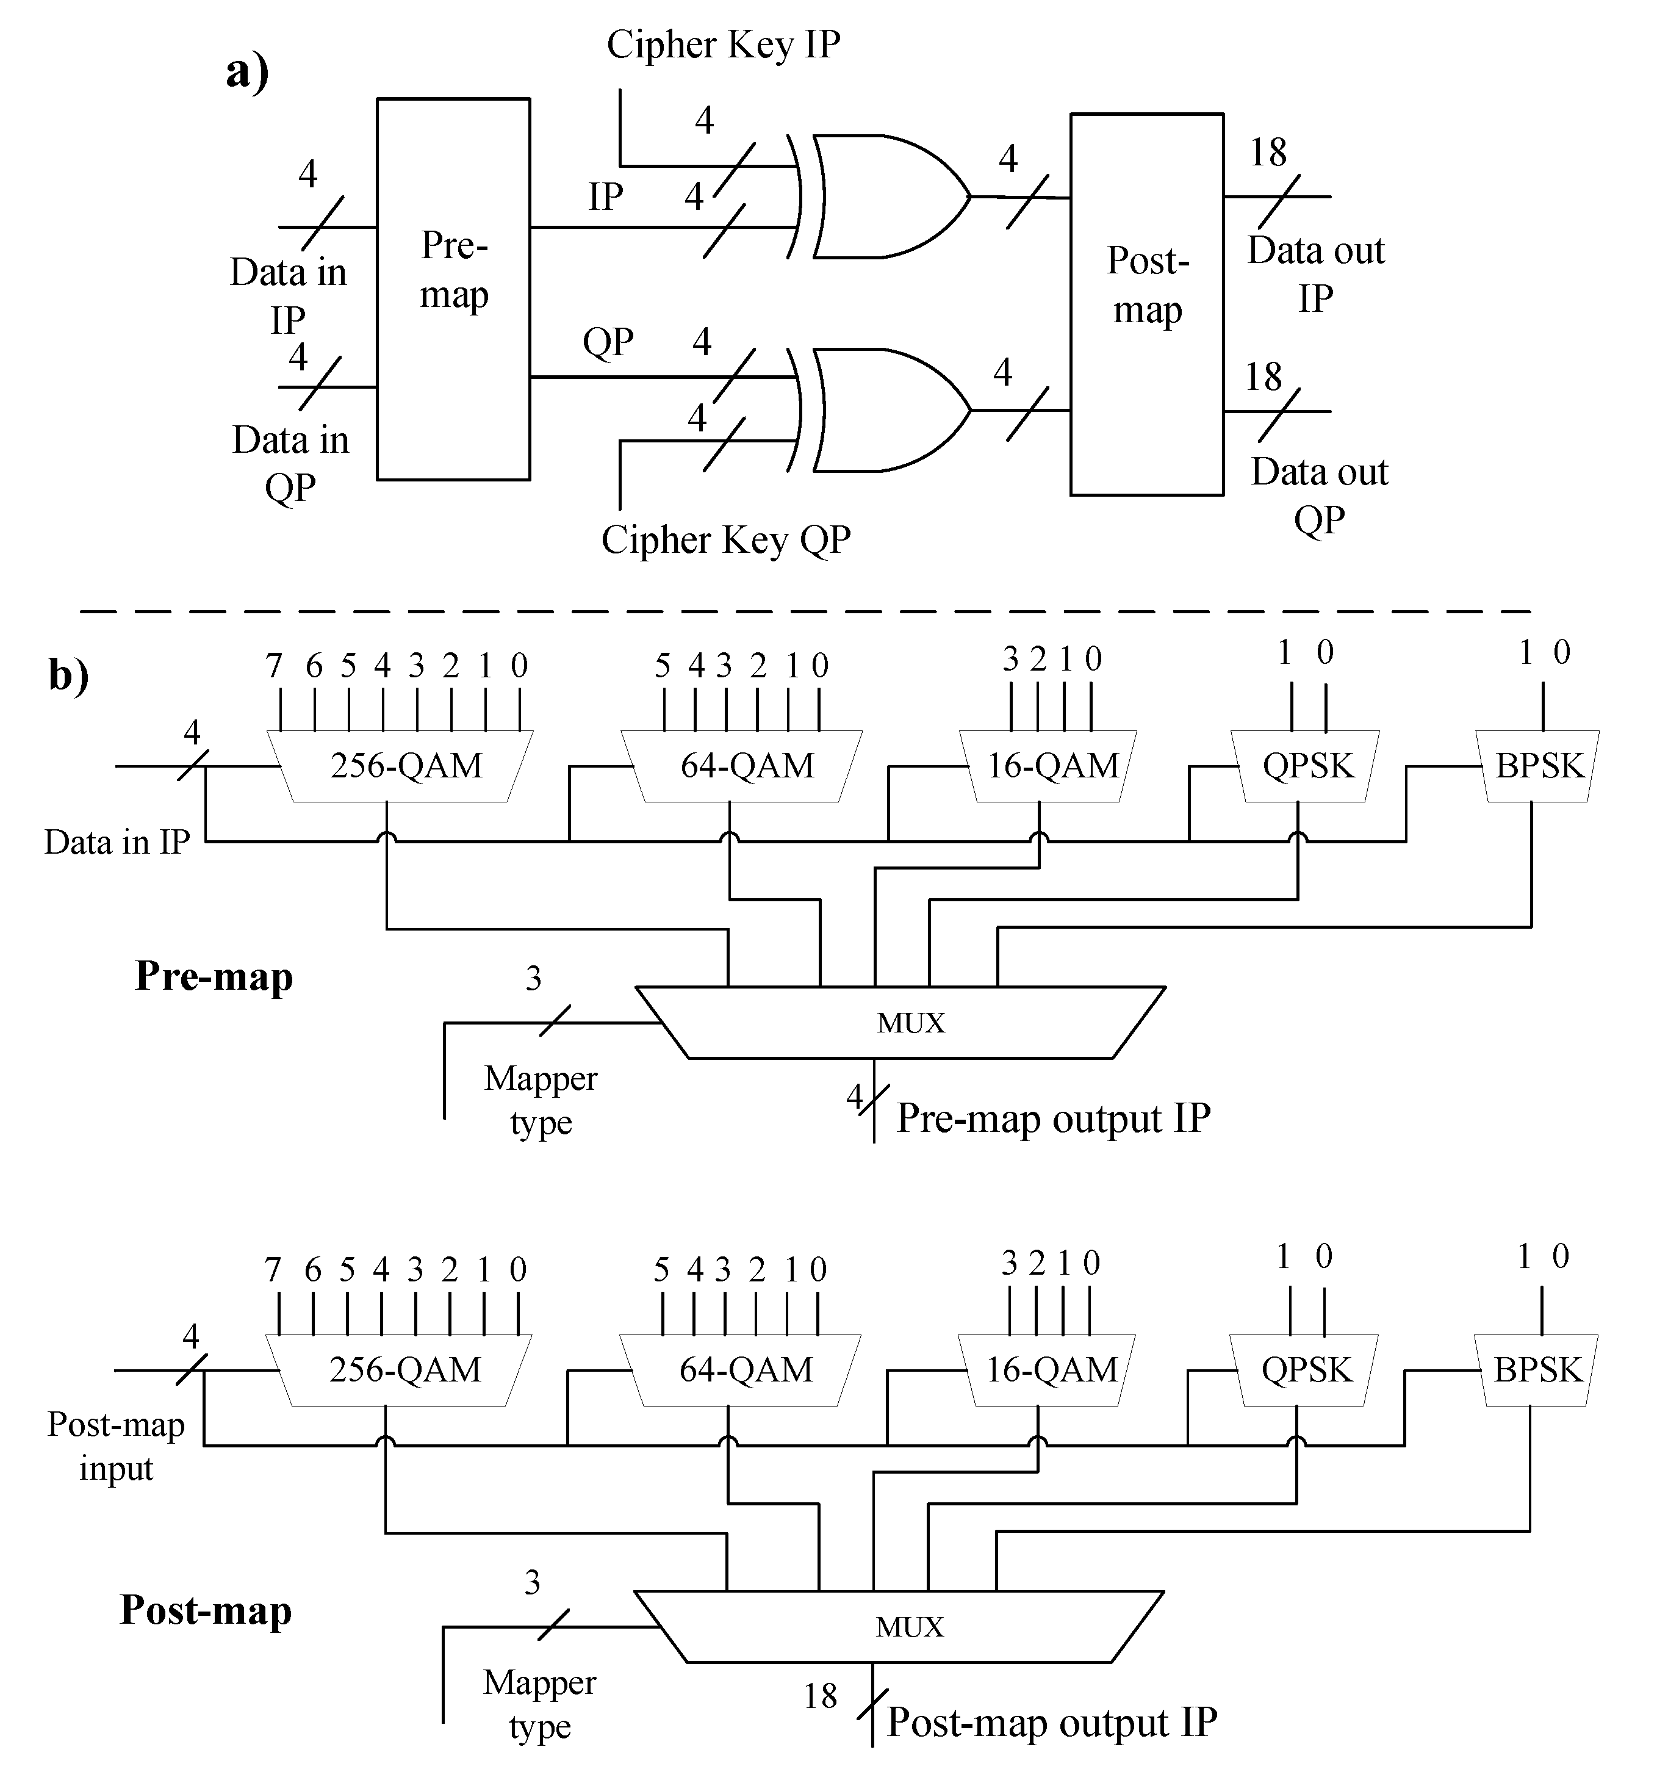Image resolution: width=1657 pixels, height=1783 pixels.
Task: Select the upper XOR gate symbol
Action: pyautogui.click(x=883, y=197)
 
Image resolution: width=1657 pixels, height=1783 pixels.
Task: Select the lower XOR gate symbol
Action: pyautogui.click(x=883, y=410)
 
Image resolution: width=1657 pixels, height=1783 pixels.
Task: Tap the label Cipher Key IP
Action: pyautogui.click(x=723, y=45)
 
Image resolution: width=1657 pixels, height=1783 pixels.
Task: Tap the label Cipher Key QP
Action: pyautogui.click(x=725, y=540)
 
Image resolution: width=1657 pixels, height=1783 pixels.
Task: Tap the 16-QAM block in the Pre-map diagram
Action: pyautogui.click(x=1048, y=766)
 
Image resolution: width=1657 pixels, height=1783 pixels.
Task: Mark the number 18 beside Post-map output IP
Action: pyautogui.click(x=819, y=1696)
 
